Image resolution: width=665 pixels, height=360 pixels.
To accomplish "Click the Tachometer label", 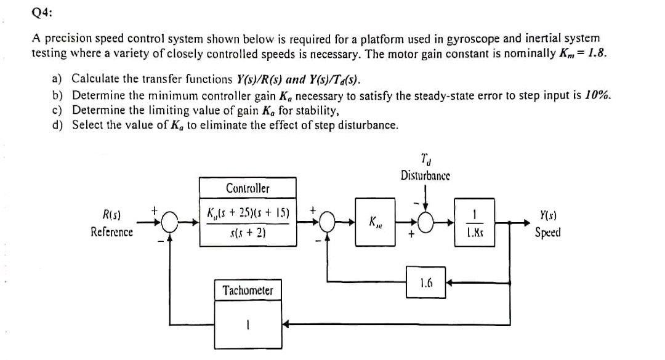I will click(x=248, y=290).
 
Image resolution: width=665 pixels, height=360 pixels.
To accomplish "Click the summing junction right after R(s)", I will click(x=171, y=222).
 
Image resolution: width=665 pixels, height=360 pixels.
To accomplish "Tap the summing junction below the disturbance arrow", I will click(x=425, y=222).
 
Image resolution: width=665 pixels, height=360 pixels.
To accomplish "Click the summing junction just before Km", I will click(x=328, y=222).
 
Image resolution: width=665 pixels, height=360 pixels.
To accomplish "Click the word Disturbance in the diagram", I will click(x=425, y=175).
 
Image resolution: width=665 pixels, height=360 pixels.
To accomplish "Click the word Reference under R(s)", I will click(x=111, y=232).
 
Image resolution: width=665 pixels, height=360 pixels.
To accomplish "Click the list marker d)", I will click(x=58, y=125).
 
